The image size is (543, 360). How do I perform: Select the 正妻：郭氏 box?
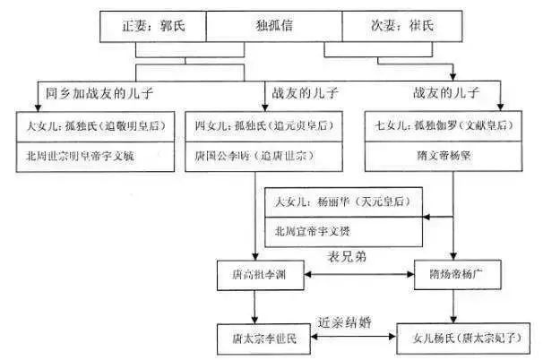(x=151, y=28)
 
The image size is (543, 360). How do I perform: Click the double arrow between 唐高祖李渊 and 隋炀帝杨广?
(x=356, y=272)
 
